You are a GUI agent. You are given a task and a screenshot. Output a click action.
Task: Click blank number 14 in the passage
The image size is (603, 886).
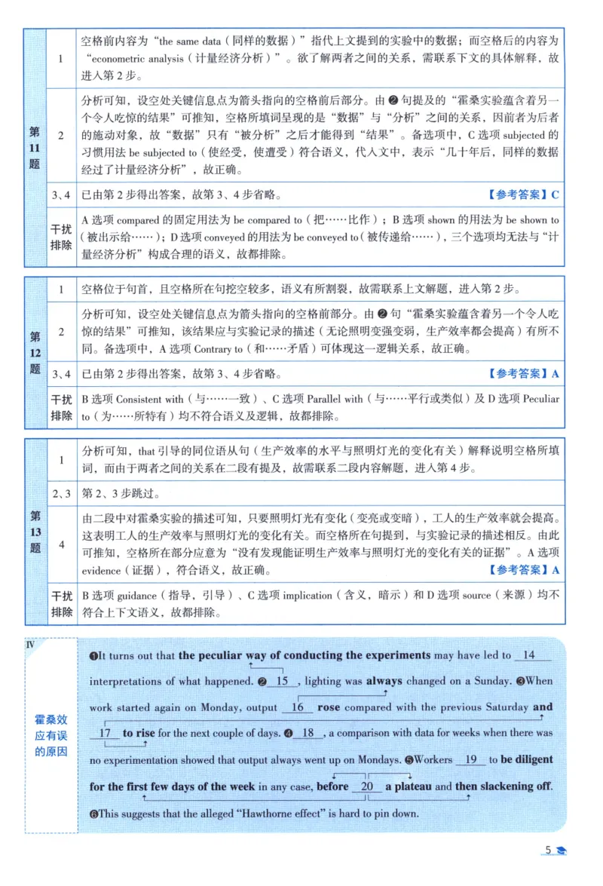[x=528, y=655]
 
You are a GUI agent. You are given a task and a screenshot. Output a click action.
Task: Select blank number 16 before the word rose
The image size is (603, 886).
[x=297, y=707]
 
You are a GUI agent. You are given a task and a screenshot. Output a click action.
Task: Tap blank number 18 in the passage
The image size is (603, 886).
[x=307, y=733]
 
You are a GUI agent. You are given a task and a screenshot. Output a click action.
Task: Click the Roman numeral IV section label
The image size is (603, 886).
[x=31, y=644]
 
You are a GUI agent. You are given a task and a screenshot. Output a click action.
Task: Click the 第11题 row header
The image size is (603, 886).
[x=35, y=147]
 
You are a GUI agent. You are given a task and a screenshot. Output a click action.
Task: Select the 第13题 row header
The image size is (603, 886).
[x=35, y=532]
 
